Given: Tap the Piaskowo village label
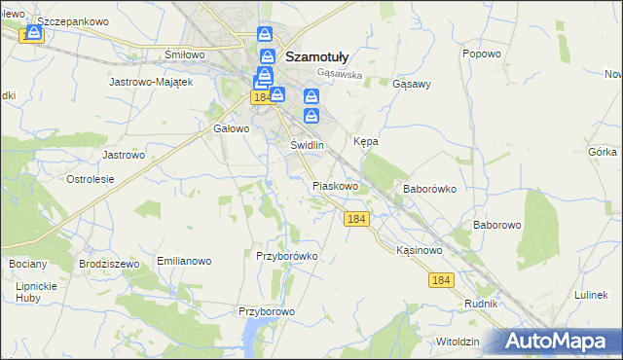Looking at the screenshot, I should pos(336,185).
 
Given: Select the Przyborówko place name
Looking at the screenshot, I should pos(287,256).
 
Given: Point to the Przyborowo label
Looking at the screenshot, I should pos(267,311).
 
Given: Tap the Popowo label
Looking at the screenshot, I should pos(482,54).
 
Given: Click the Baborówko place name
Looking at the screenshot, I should pos(429,190).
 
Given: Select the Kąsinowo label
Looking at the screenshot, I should pos(420,250).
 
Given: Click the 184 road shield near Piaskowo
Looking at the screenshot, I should pos(356,220).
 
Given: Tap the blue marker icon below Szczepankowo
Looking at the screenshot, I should pos(35,34).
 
